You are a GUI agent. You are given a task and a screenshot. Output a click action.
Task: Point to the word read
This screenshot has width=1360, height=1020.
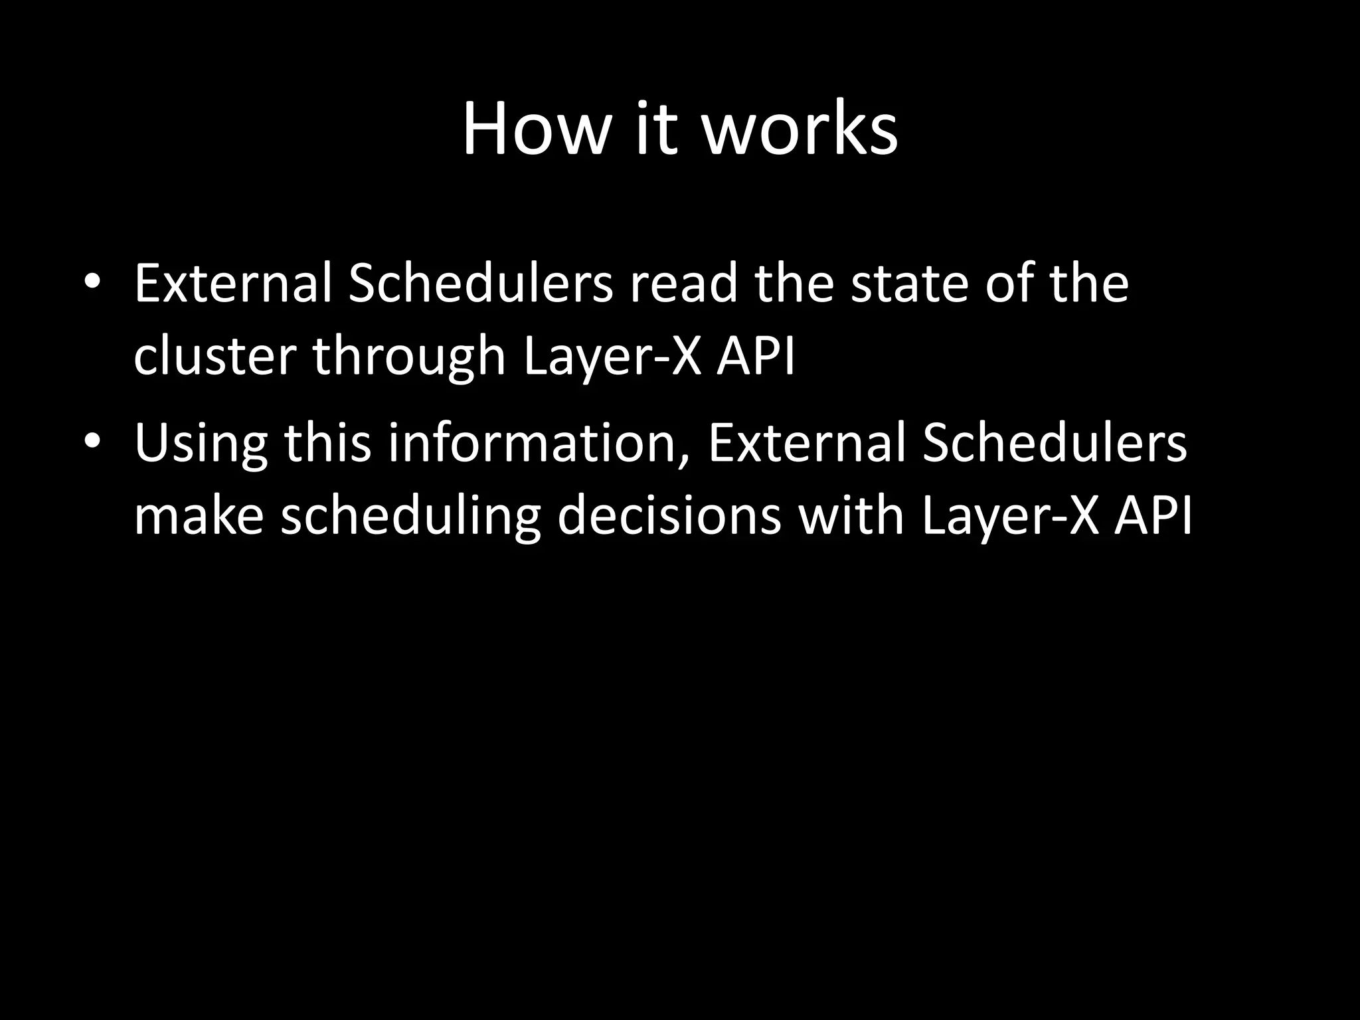[684, 284]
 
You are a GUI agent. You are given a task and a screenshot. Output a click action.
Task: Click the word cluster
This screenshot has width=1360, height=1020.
[214, 357]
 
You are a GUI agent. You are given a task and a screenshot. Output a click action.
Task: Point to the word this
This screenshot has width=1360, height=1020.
[327, 444]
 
